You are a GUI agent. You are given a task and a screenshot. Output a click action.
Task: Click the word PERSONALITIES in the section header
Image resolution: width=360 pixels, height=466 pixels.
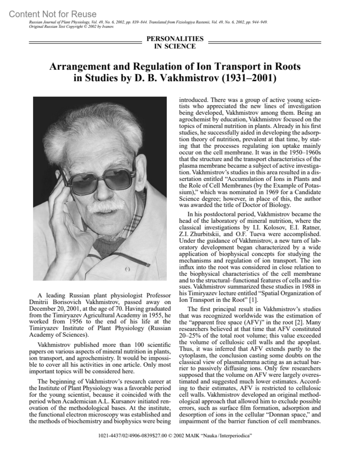tap(175, 39)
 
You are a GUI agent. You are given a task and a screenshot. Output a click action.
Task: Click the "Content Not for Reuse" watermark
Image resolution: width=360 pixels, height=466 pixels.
tap(53, 14)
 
